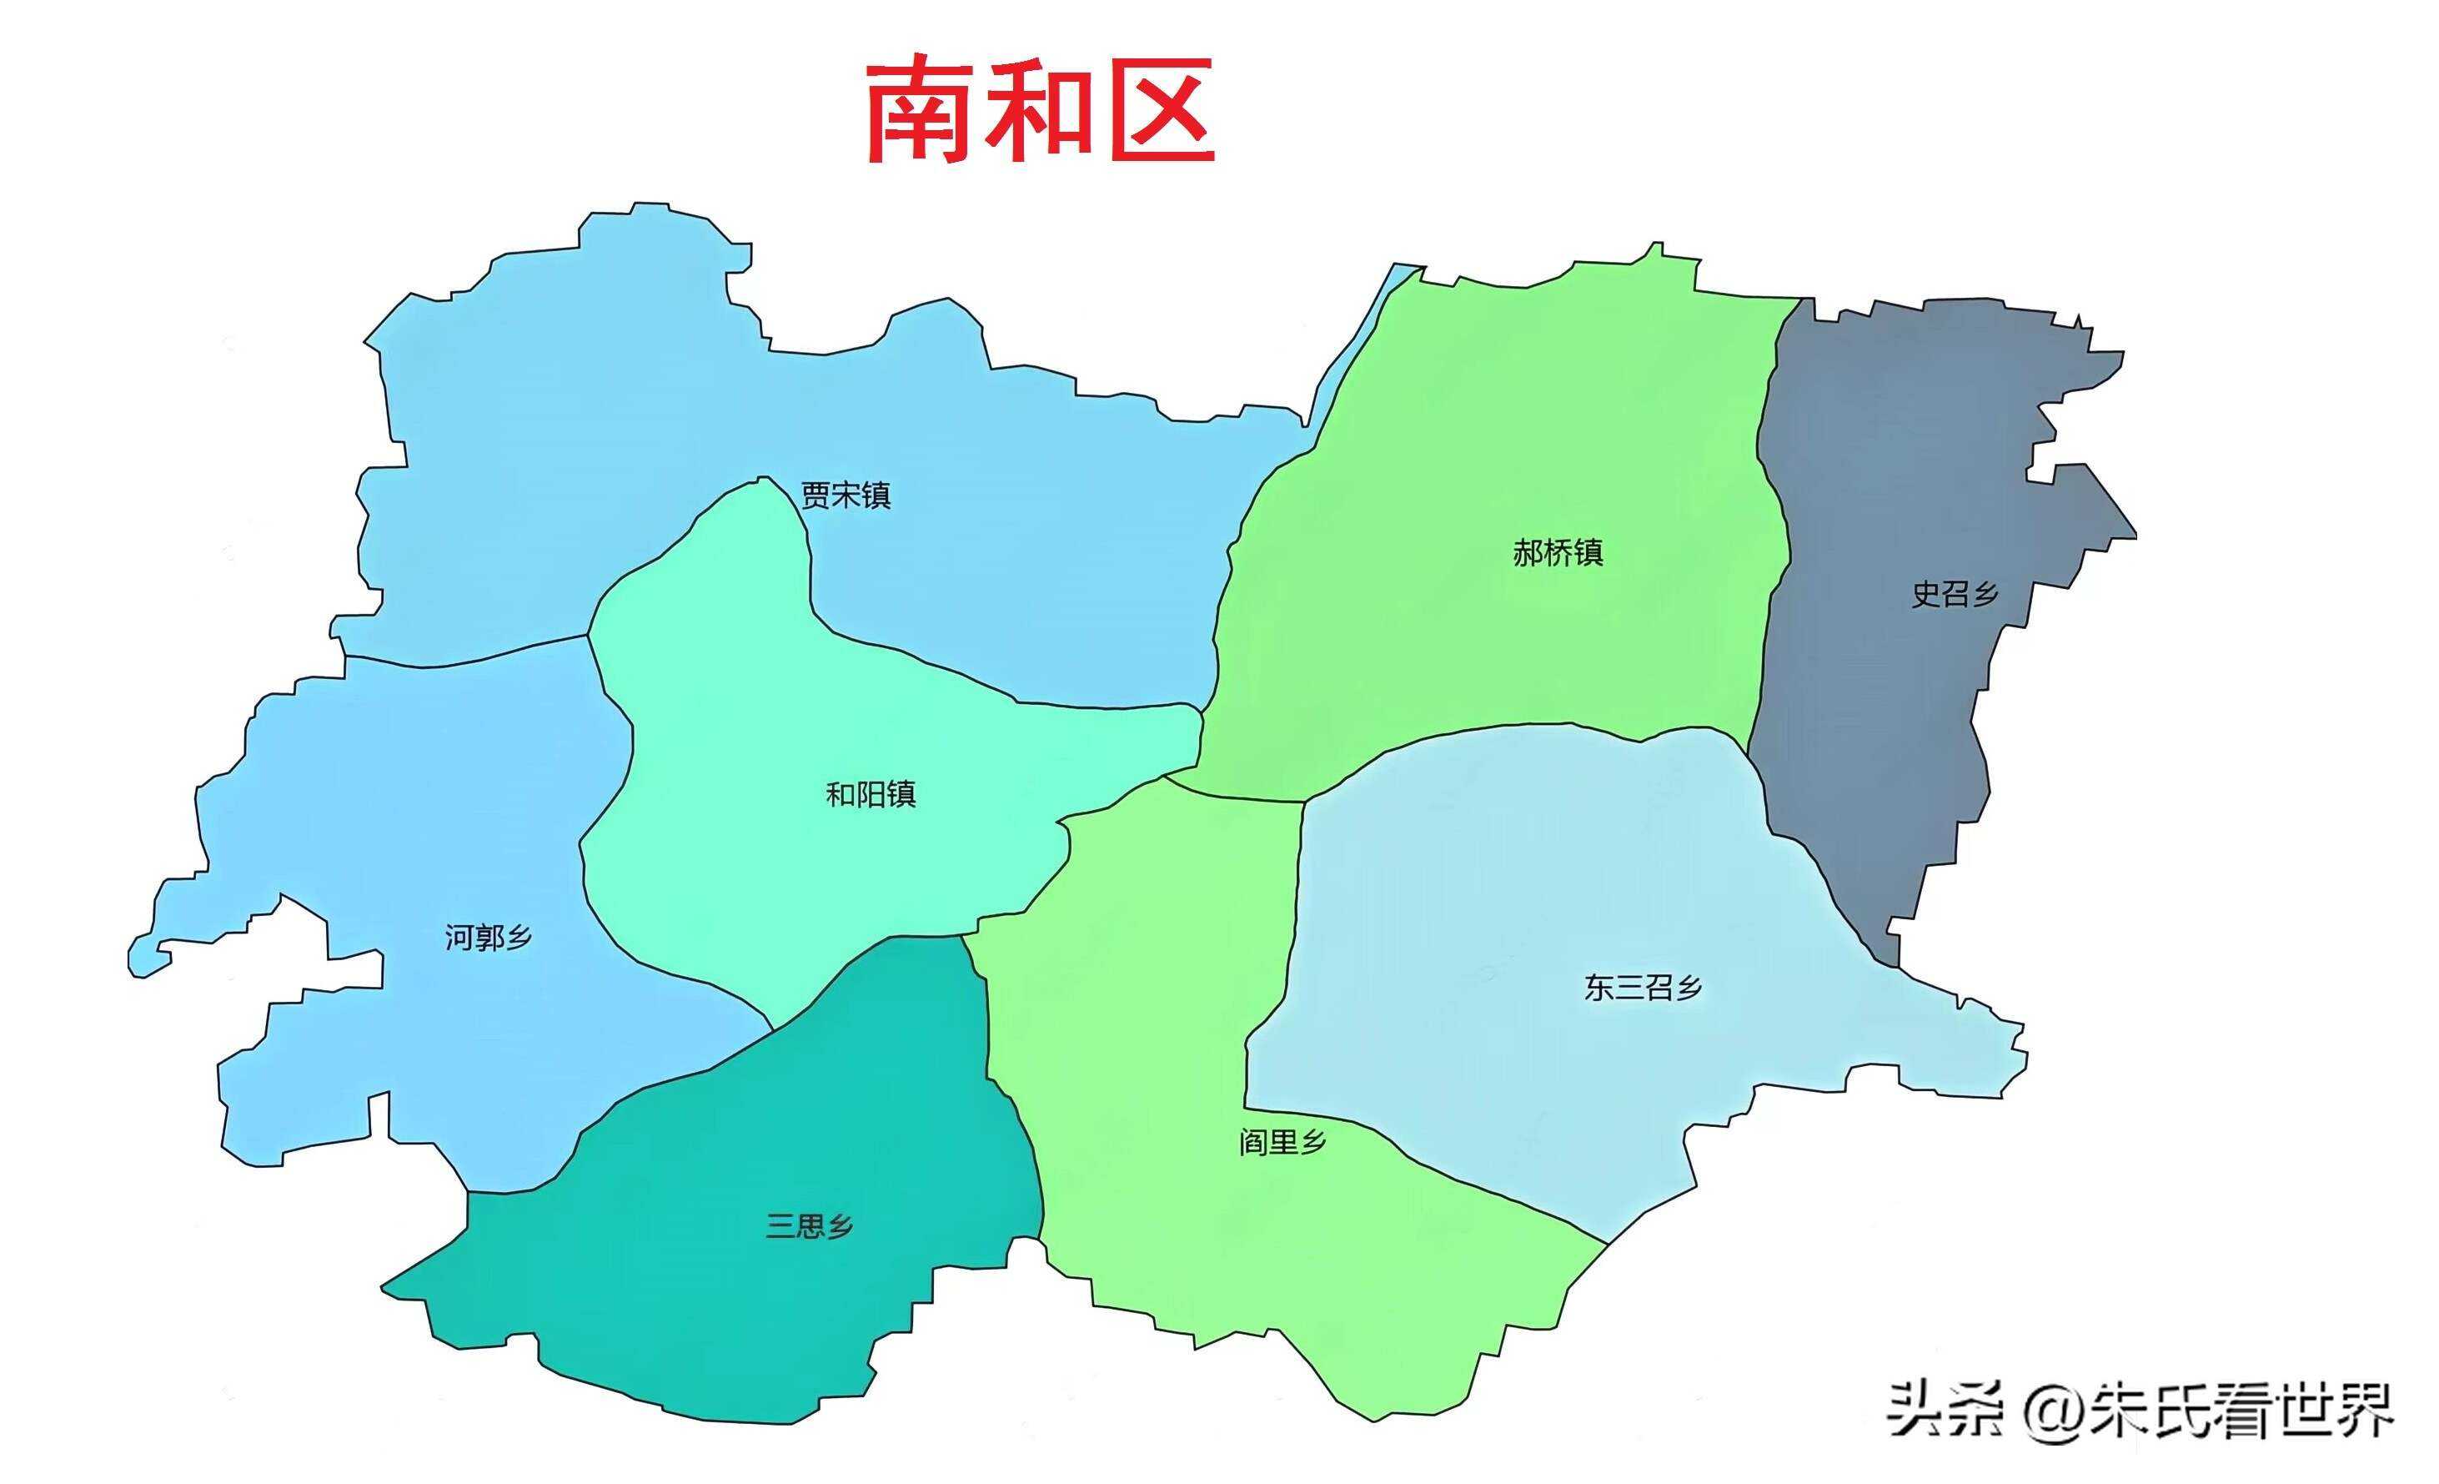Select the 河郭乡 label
pos(488,937)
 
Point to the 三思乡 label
pos(809,1226)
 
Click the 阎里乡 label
pos(1282,1143)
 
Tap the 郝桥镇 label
pos(1557,552)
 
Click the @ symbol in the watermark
pos(2053,1410)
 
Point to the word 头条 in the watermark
pos(1945,1410)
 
